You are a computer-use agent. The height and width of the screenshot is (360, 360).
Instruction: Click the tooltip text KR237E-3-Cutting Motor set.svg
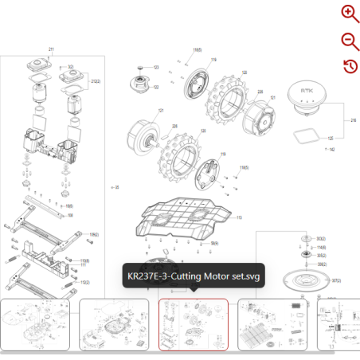click(x=194, y=277)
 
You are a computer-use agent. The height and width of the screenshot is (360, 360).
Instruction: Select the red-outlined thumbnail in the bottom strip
click(x=194, y=324)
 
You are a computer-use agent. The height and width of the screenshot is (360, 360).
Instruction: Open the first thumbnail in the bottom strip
click(x=38, y=324)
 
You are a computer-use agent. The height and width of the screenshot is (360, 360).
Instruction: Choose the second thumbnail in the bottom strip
click(x=114, y=324)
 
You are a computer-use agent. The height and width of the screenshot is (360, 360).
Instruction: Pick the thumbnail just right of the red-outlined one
click(x=272, y=324)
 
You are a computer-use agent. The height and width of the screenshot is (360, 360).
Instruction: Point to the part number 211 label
click(x=52, y=50)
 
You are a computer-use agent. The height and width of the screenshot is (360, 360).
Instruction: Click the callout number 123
click(x=156, y=67)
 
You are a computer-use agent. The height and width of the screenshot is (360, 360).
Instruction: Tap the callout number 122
click(x=156, y=87)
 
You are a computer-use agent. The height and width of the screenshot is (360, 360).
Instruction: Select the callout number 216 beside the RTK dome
click(x=353, y=120)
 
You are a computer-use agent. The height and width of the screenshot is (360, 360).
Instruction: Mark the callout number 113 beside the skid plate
click(x=238, y=217)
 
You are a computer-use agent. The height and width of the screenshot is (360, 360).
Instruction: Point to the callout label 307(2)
click(x=335, y=280)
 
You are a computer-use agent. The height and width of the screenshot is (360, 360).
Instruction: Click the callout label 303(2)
click(x=321, y=239)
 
